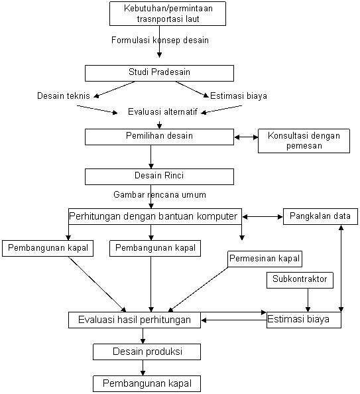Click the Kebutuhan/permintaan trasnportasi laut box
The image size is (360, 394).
[168, 13]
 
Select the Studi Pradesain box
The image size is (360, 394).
[159, 73]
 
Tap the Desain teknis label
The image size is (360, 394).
[63, 96]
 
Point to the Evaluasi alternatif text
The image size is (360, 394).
[162, 111]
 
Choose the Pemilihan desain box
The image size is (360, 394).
[159, 137]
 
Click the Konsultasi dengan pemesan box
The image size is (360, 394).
[304, 141]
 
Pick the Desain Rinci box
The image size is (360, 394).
[159, 176]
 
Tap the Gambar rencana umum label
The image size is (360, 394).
[160, 195]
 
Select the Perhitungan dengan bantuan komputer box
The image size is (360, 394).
[155, 216]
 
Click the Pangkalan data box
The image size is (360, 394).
[320, 216]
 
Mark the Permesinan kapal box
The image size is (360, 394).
[265, 259]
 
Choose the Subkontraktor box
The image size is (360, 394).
[300, 280]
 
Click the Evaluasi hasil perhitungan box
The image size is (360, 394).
[135, 320]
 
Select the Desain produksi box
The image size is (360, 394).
[147, 352]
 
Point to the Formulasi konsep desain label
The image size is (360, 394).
[160, 40]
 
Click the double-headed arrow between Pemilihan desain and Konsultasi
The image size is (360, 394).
[246, 137]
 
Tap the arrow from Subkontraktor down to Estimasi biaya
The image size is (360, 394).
[308, 300]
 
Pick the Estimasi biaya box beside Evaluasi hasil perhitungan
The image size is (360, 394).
[304, 320]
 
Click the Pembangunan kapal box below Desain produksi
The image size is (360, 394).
[147, 383]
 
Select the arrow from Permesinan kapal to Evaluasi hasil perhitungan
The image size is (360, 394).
[198, 289]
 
